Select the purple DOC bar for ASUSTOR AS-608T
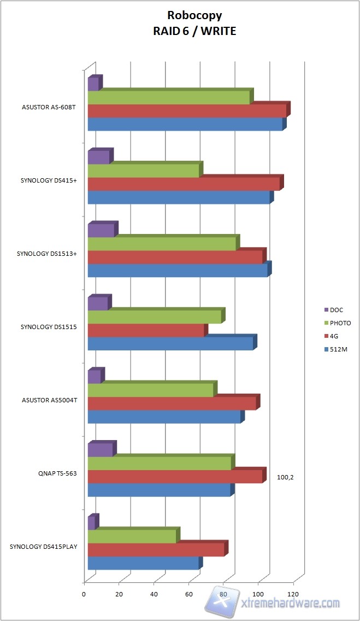click(x=93, y=84)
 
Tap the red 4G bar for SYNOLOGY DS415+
click(x=184, y=184)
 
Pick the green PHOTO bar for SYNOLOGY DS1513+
click(x=162, y=244)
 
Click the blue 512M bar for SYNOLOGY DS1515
click(x=170, y=343)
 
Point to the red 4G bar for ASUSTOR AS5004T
click(x=172, y=403)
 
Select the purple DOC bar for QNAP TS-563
click(x=100, y=450)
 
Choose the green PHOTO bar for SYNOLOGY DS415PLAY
click(x=132, y=536)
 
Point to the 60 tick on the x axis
click(x=189, y=594)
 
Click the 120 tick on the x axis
click(x=294, y=594)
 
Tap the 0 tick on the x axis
click(x=84, y=594)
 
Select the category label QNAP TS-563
click(x=54, y=474)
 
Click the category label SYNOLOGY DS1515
click(x=49, y=327)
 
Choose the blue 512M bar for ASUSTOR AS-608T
click(x=185, y=124)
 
